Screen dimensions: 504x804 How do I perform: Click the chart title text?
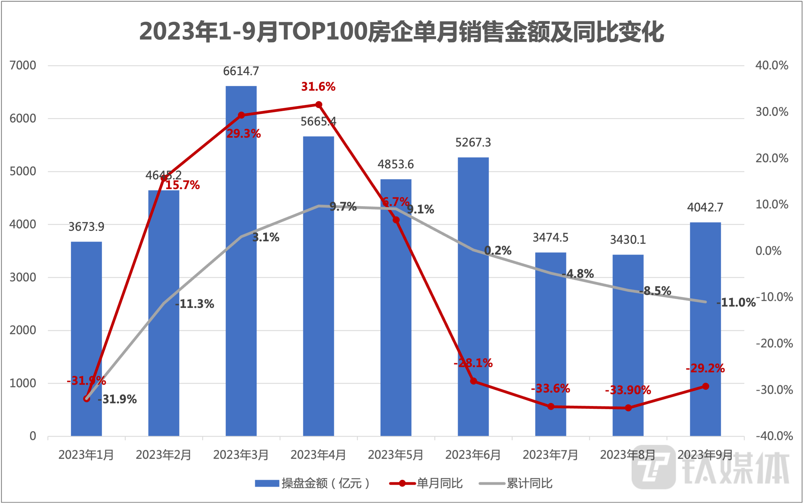(x=402, y=32)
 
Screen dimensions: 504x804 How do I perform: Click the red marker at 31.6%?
(x=319, y=105)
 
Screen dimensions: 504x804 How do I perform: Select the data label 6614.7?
(x=241, y=71)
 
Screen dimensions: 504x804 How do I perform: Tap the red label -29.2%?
(x=705, y=368)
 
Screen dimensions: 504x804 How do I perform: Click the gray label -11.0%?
(x=736, y=303)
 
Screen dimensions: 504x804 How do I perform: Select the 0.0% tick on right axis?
(x=768, y=251)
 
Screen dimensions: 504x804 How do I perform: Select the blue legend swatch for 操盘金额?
(x=267, y=483)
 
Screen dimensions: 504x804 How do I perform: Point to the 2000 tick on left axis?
(x=23, y=330)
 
